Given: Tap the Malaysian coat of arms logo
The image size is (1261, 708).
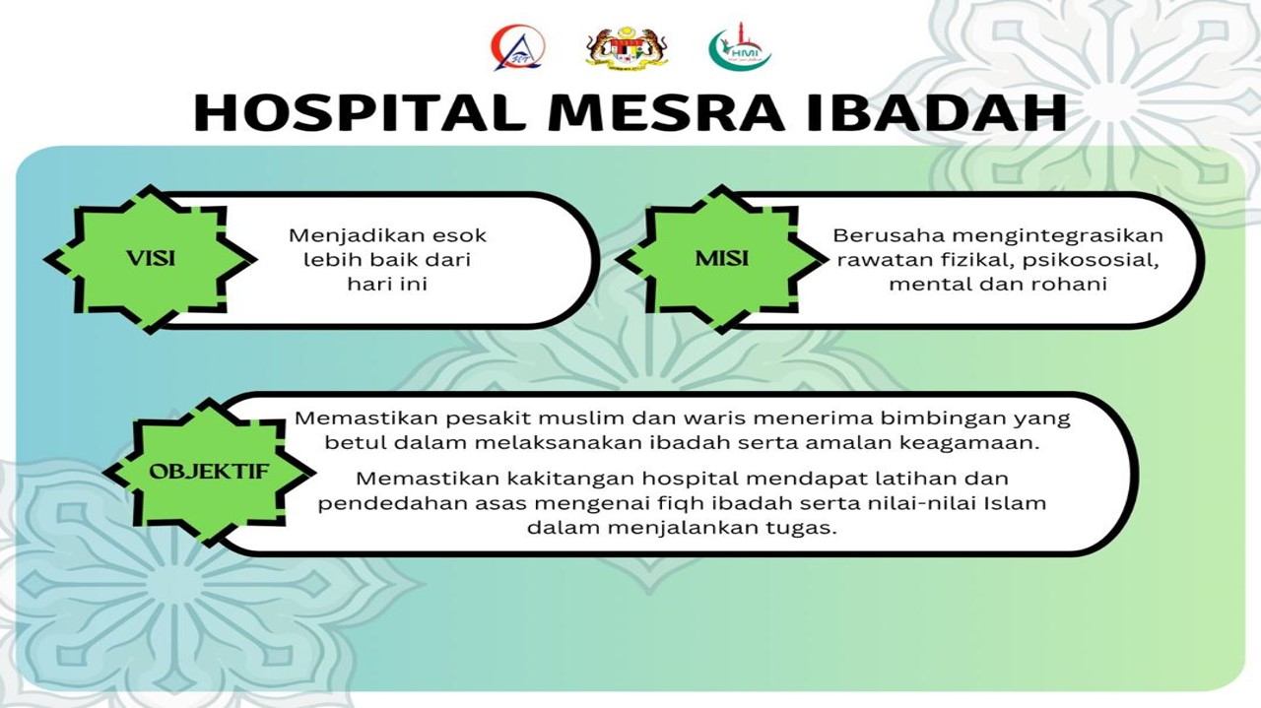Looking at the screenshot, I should pos(613,48).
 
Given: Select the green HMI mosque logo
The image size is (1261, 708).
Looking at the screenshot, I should pos(739,48).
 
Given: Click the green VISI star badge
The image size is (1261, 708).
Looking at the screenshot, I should pos(151,259).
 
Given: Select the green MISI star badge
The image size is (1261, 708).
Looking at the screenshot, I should pos(721,259).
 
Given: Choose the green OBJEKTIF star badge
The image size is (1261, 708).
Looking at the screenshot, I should pos(208,471).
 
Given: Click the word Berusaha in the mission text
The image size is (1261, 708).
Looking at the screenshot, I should pos(877,236).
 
